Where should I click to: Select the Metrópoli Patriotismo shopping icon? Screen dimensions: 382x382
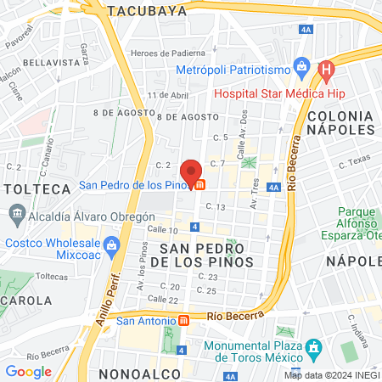(x=300, y=65)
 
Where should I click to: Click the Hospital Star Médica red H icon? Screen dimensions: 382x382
(x=324, y=69)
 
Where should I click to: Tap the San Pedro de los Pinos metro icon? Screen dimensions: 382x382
(x=199, y=184)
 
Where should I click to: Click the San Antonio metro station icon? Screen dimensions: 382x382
(x=183, y=321)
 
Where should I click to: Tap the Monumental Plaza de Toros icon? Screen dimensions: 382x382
(x=313, y=347)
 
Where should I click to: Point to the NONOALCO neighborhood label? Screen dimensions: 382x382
(x=139, y=374)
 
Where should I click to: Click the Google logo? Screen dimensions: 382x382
(x=28, y=371)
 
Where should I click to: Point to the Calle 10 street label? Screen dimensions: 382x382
(x=162, y=230)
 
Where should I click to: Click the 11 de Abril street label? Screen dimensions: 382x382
(x=167, y=95)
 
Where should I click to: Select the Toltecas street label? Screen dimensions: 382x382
(x=51, y=276)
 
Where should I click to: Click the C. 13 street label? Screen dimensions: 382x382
(x=214, y=207)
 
